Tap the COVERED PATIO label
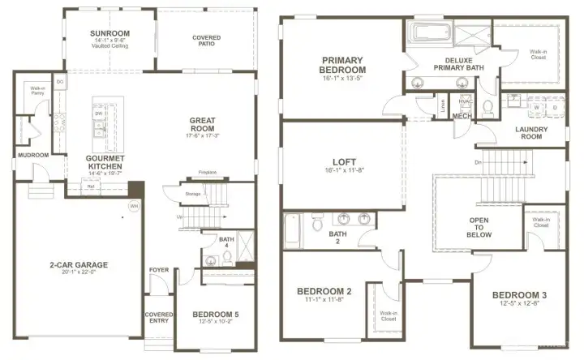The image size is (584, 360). tap(206, 42)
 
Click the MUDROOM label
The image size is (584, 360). tap(33, 155)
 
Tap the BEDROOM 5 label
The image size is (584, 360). tap(215, 315)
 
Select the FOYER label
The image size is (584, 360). tap(158, 270)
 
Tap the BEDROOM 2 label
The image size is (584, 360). tap(324, 291)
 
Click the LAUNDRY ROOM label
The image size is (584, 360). tap(531, 133)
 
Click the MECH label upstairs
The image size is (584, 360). tap(462, 116)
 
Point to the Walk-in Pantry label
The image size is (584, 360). tap(36, 90)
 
